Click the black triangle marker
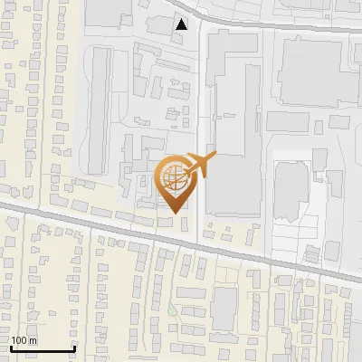tap(183, 24)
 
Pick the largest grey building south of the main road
tap(224, 309)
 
